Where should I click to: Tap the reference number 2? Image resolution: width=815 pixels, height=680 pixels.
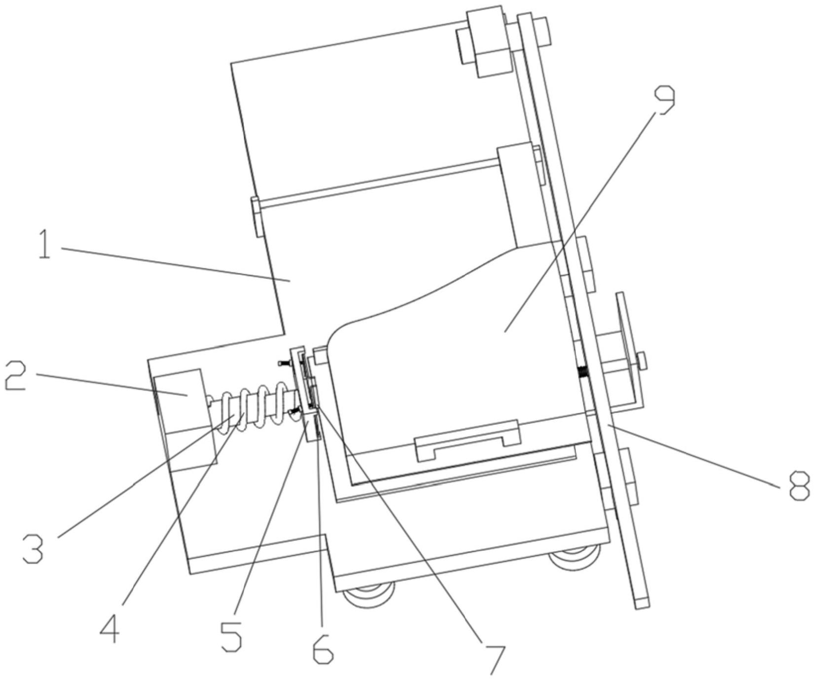pos(15,376)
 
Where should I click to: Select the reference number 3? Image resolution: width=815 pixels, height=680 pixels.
pos(33,548)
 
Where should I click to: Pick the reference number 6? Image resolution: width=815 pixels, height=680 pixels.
pos(323,647)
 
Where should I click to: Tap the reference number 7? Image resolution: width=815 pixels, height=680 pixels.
pos(495,659)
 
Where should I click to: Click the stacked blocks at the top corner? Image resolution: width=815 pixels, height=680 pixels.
pos(486,41)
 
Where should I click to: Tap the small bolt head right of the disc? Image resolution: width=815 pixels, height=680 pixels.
pos(641,360)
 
